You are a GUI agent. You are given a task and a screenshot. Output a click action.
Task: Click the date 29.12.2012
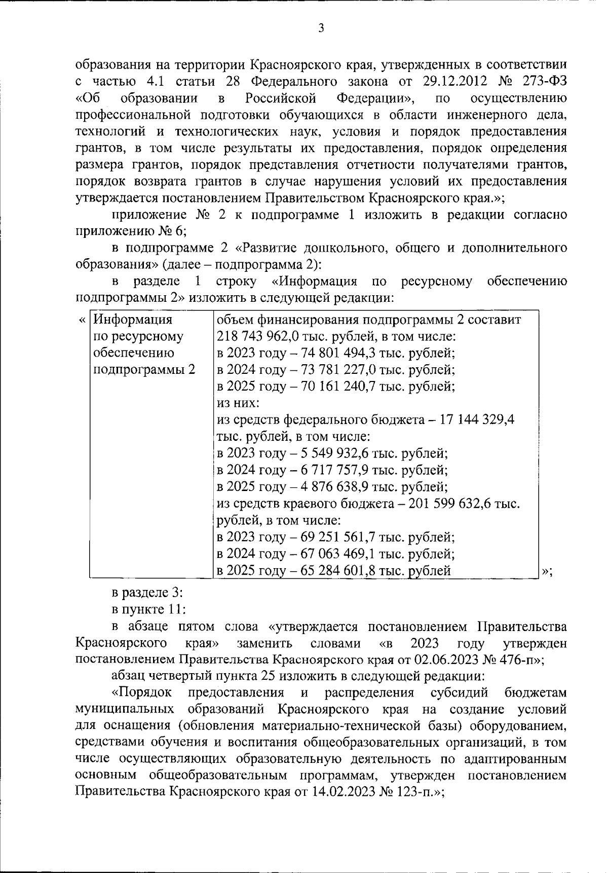pos(459,81)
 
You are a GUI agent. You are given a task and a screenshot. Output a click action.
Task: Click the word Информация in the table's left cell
pos(133,320)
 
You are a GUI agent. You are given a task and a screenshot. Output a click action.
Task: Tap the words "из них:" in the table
pos(238,403)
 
